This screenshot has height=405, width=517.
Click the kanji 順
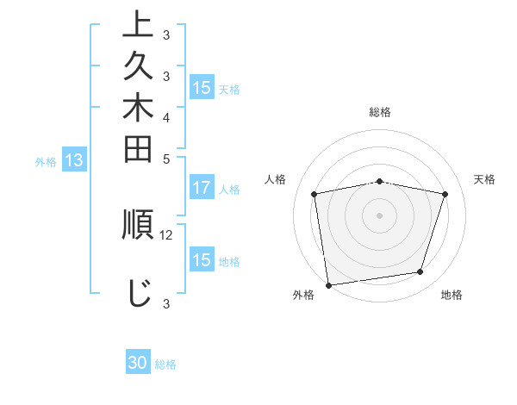click(x=138, y=225)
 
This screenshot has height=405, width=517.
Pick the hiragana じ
click(x=138, y=293)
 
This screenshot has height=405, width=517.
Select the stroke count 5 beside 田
click(x=166, y=159)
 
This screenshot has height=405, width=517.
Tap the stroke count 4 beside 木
click(x=166, y=116)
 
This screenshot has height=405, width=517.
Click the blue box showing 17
click(x=202, y=188)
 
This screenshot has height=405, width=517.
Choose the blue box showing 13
click(x=75, y=159)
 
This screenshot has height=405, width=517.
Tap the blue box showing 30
click(x=138, y=363)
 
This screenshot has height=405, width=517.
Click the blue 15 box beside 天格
click(x=202, y=88)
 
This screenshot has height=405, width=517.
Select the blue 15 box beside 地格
click(x=202, y=260)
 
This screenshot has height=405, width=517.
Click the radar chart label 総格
click(x=380, y=112)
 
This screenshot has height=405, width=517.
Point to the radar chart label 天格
click(x=484, y=179)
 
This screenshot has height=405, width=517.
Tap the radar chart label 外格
click(x=303, y=296)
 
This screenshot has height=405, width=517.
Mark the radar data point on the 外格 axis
click(x=328, y=284)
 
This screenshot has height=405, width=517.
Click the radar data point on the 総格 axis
click(x=380, y=181)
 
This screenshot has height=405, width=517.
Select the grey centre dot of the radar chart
click(x=380, y=215)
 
